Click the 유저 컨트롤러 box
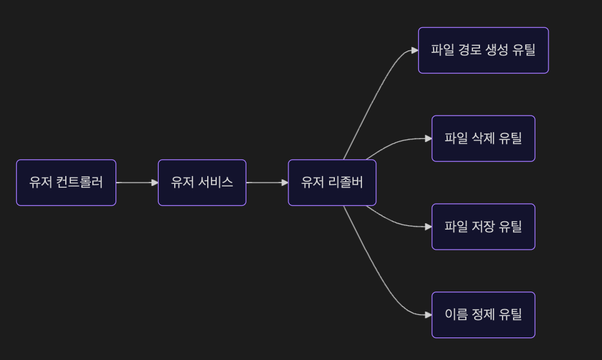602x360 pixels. coord(66,183)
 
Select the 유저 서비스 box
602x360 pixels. coord(202,183)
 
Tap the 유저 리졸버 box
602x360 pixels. coord(332,183)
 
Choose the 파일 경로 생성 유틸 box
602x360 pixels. coord(483,50)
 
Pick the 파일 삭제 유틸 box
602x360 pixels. coord(483,138)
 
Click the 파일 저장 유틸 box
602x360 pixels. coord(483,226)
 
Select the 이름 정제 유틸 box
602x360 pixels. coord(483,315)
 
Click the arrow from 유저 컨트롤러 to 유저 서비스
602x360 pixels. coord(137,183)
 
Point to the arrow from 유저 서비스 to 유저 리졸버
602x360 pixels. coord(266,183)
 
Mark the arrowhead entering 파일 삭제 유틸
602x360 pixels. coord(428,138)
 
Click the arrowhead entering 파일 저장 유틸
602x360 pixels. coord(428,226)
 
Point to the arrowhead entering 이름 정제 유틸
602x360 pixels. coord(428,315)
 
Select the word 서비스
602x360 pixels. coord(215,183)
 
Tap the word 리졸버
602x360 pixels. coord(345,183)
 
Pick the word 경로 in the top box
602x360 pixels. coord(470,50)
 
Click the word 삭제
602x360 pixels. coord(483,138)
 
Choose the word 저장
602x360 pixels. coord(483,226)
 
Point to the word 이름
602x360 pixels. coord(457,315)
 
